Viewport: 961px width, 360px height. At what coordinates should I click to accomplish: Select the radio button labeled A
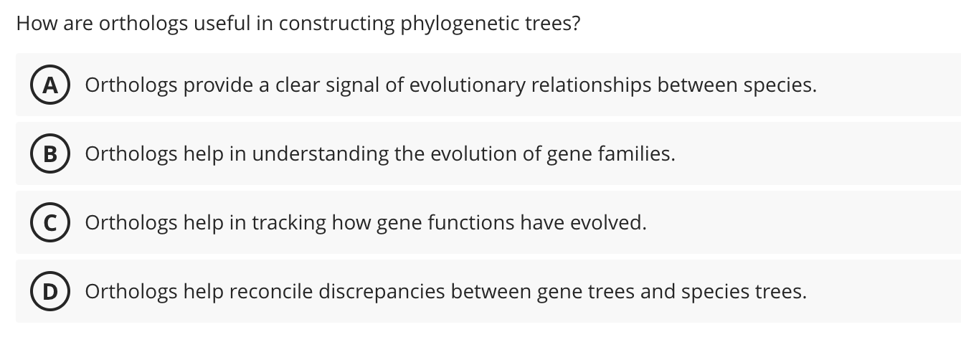click(x=49, y=85)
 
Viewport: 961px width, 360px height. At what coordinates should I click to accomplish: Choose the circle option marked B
click(x=49, y=154)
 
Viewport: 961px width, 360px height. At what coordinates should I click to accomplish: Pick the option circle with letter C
click(x=49, y=223)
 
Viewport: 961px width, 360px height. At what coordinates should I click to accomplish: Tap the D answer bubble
click(x=49, y=292)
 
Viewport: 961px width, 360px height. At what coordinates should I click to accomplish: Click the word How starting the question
click(x=32, y=24)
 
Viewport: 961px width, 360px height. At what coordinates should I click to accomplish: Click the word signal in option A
click(x=349, y=85)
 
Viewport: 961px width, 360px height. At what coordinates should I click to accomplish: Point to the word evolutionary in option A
click(x=462, y=85)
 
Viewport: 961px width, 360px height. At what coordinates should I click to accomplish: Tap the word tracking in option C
click(x=289, y=223)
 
